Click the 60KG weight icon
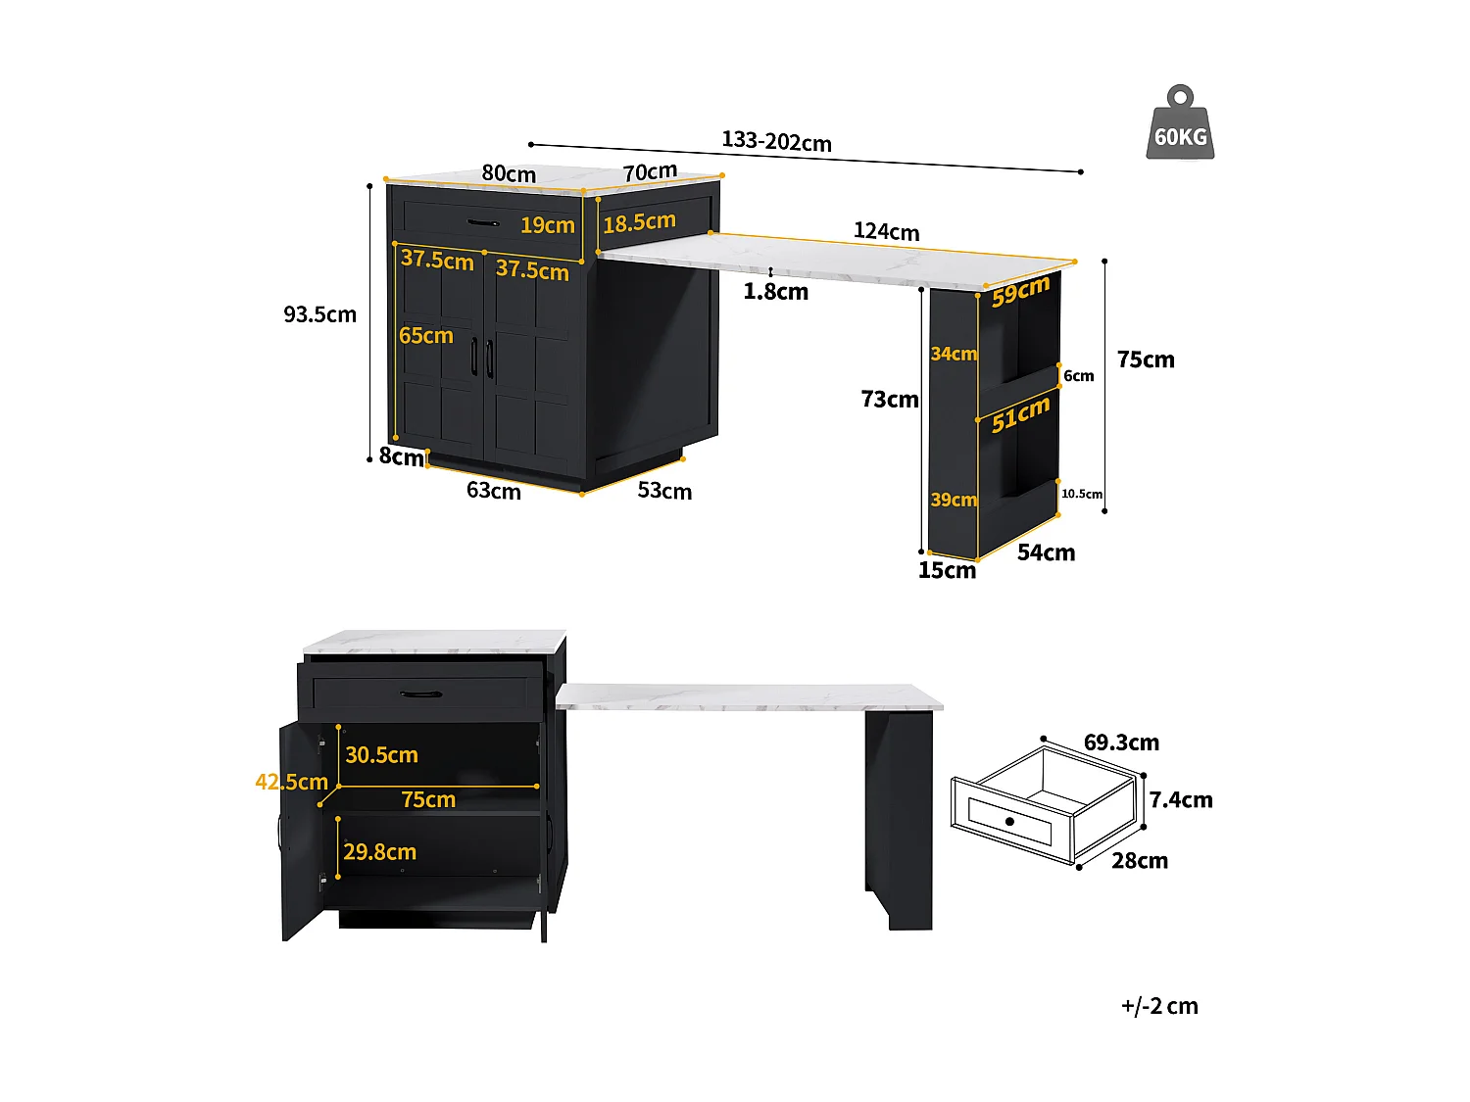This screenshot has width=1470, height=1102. pyautogui.click(x=1180, y=124)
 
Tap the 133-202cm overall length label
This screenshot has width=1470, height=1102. pyautogui.click(x=776, y=142)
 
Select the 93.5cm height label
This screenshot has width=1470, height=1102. pyautogui.click(x=320, y=314)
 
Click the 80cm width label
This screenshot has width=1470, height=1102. pyautogui.click(x=509, y=174)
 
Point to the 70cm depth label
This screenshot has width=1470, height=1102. pyautogui.click(x=650, y=172)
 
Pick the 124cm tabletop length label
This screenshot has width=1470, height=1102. pyautogui.click(x=886, y=232)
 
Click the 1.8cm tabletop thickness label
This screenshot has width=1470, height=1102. pyautogui.click(x=775, y=292)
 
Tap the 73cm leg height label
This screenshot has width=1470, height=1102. pyautogui.click(x=890, y=400)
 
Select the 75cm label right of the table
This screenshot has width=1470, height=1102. pyautogui.click(x=1146, y=360)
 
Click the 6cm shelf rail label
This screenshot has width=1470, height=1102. pyautogui.click(x=1079, y=376)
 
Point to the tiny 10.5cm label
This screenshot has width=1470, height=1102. pyautogui.click(x=1082, y=494)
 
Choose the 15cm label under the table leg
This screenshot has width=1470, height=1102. pyautogui.click(x=947, y=570)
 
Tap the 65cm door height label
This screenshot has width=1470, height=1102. pyautogui.click(x=426, y=336)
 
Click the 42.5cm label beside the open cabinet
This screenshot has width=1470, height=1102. pyautogui.click(x=291, y=783)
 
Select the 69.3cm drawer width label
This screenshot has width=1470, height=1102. pyautogui.click(x=1121, y=743)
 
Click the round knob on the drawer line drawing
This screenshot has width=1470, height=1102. pyautogui.click(x=1009, y=821)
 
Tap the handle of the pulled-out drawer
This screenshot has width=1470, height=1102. pyautogui.click(x=421, y=695)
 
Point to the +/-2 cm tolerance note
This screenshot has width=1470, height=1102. pyautogui.click(x=1159, y=1006)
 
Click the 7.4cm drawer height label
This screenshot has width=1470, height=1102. pyautogui.click(x=1181, y=800)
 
